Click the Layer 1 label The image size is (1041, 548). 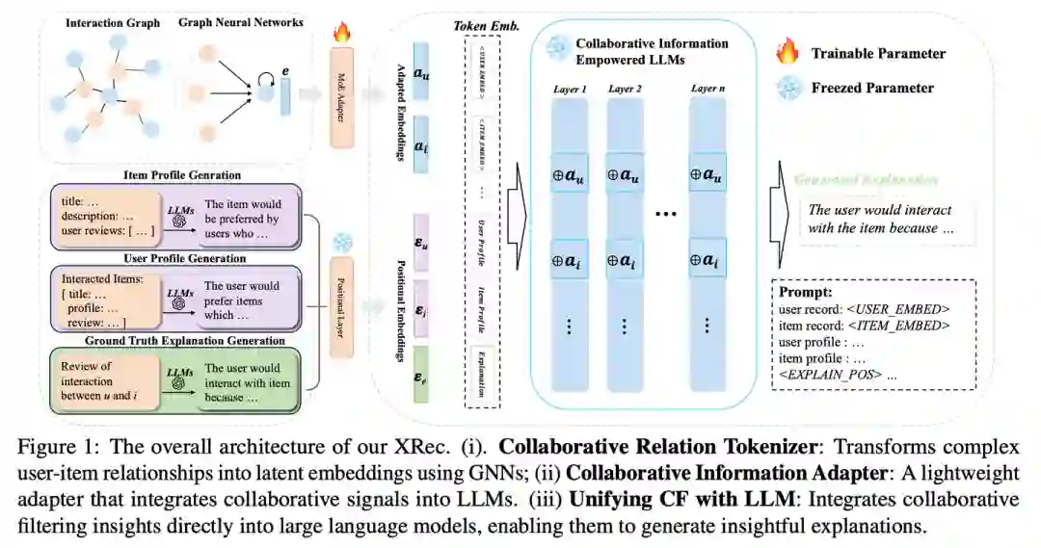click(570, 90)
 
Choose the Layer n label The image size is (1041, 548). click(708, 90)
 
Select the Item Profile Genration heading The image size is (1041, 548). click(182, 174)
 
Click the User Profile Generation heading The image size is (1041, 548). click(184, 258)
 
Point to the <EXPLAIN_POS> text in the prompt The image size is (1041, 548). click(832, 373)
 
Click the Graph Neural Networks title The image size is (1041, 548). click(241, 22)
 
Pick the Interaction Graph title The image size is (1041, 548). click(114, 22)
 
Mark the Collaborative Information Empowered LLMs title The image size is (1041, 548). click(653, 50)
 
